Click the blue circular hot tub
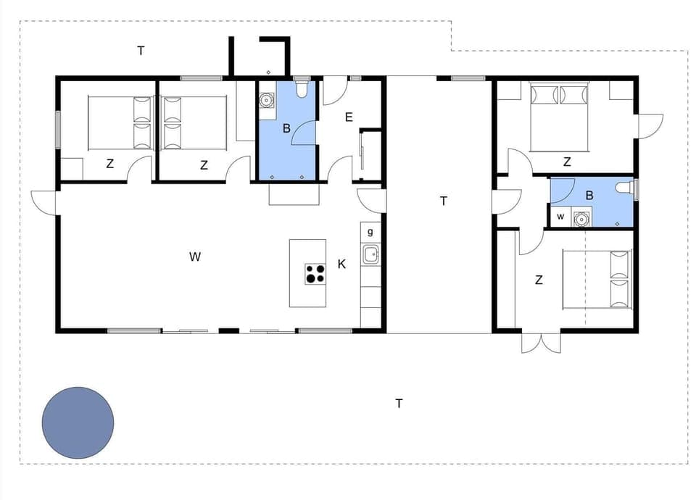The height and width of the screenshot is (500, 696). (78, 422)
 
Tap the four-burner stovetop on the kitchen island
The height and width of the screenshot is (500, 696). (315, 274)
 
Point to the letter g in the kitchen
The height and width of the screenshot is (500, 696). (370, 232)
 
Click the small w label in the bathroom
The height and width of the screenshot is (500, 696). (560, 216)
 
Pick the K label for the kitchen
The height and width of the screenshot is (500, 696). (341, 264)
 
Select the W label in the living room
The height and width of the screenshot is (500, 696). (194, 256)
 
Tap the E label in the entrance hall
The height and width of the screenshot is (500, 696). (349, 117)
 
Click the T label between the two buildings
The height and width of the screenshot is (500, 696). (444, 201)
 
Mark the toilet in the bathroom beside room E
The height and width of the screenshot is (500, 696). (302, 88)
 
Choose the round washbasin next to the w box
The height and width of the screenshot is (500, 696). (581, 217)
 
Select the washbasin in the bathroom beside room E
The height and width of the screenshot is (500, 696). (267, 100)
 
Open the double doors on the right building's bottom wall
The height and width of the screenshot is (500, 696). (541, 343)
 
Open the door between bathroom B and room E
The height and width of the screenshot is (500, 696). (304, 134)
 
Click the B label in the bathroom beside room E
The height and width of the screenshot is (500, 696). (286, 129)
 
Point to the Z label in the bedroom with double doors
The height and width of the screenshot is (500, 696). (539, 280)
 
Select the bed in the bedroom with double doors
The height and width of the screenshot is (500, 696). (599, 279)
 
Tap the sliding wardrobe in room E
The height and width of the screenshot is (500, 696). (362, 155)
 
